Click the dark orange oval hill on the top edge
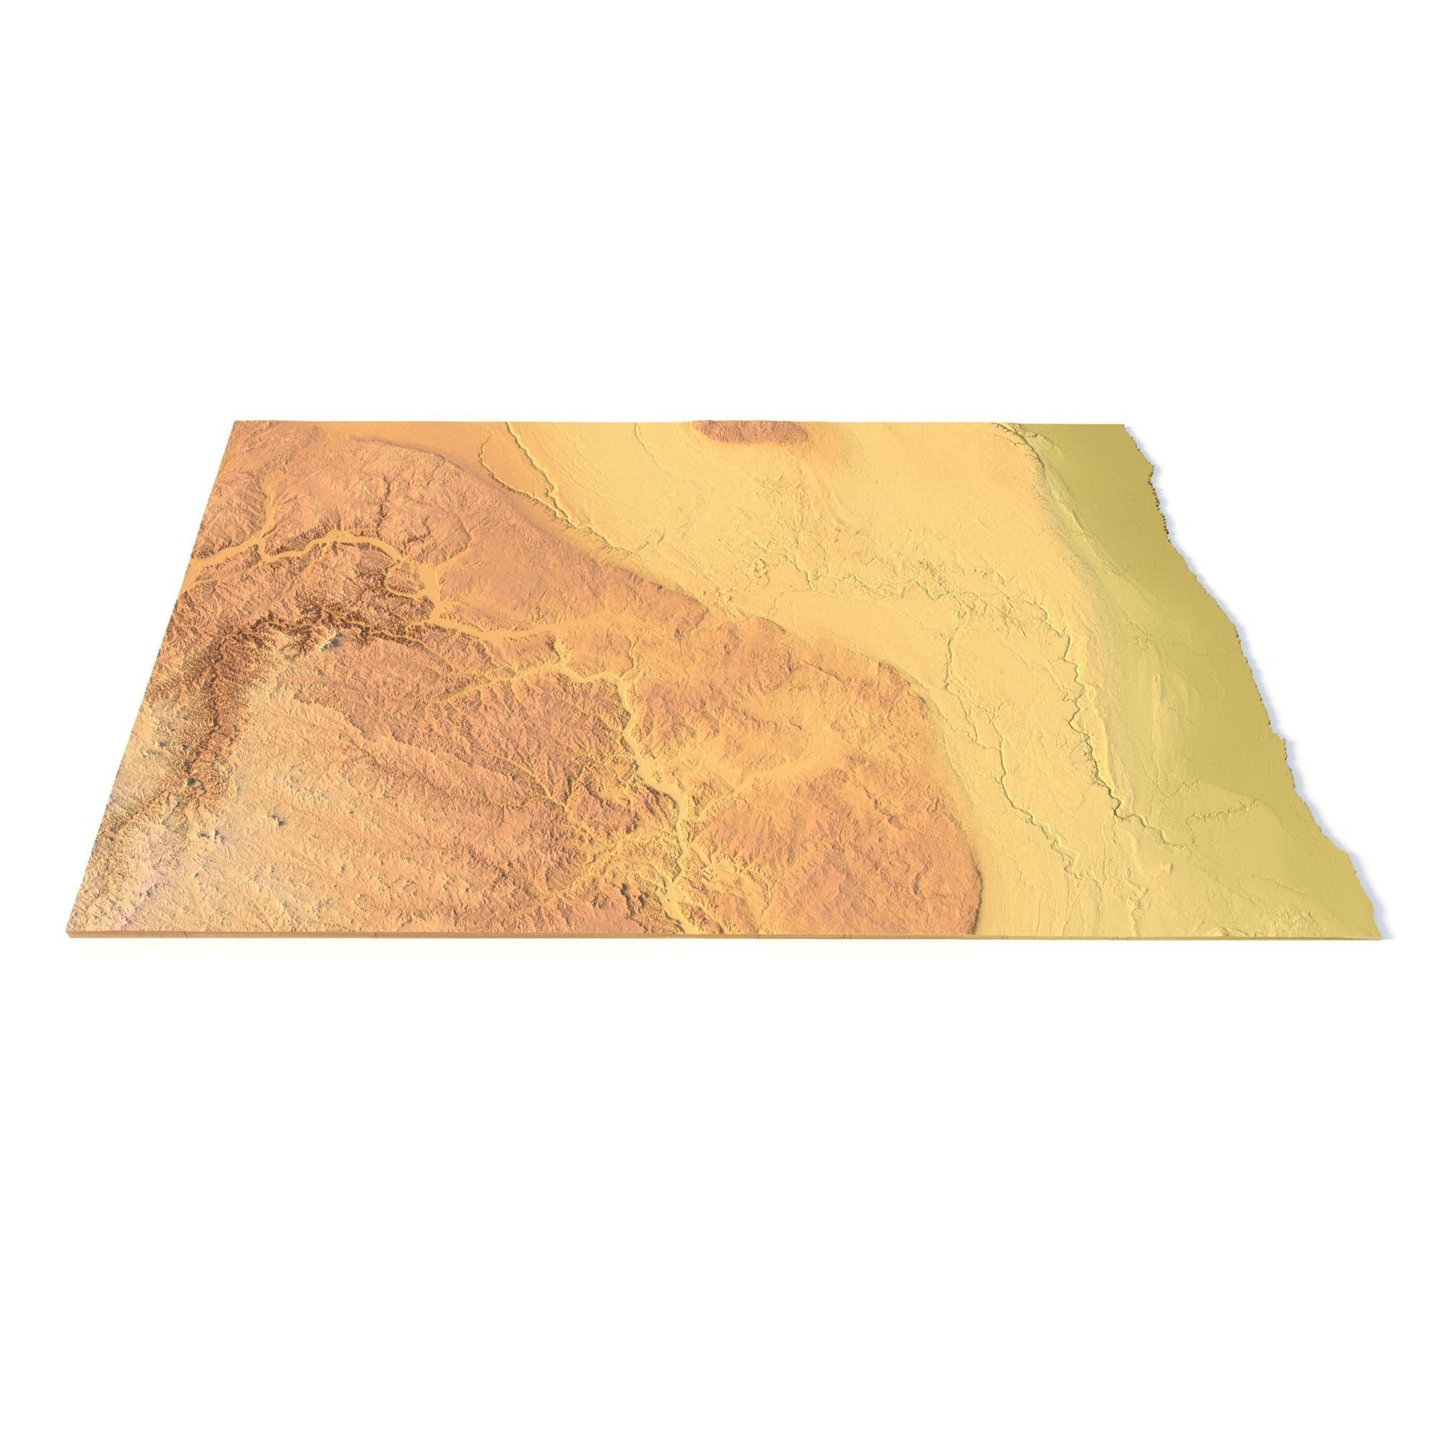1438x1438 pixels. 748,431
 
